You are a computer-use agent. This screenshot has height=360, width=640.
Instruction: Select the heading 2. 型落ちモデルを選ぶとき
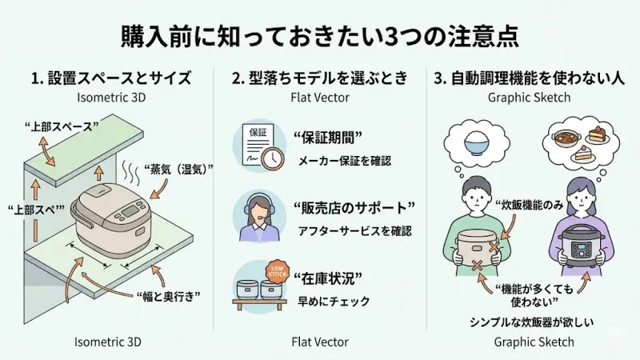coord(320,78)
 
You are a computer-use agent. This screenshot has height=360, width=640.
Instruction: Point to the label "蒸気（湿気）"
coord(177,170)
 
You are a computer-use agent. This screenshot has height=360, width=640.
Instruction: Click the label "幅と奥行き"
coord(168,295)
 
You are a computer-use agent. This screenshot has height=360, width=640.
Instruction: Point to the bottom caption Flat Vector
coord(320,342)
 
